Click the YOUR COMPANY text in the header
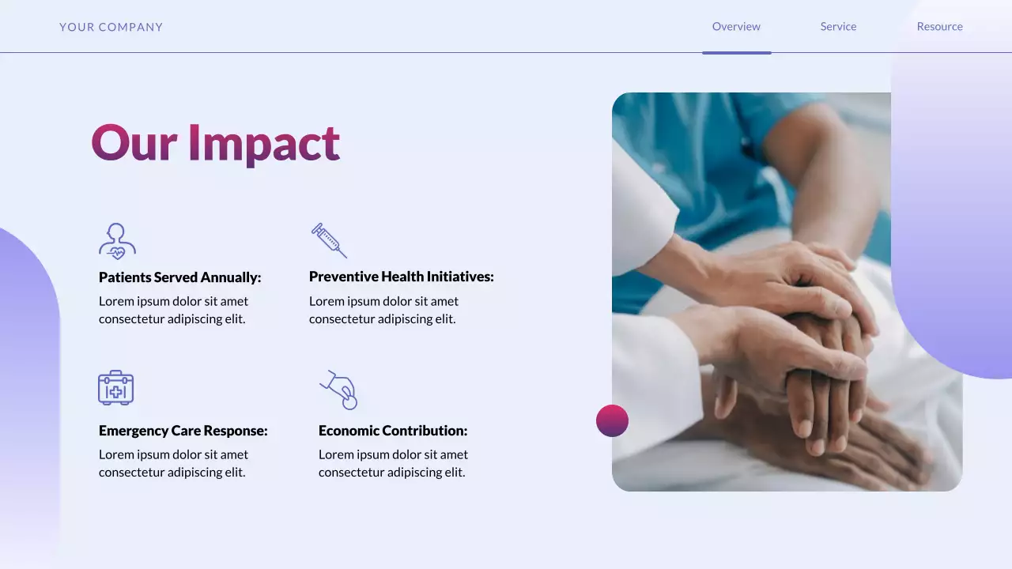point(111,27)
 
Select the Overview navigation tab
point(736,27)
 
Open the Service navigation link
point(838,27)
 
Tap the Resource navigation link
point(939,27)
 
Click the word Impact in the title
point(263,143)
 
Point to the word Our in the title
point(133,143)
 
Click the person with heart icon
point(117,241)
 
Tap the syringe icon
point(329,240)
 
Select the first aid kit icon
point(116,388)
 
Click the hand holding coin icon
point(339,390)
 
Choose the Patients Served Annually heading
point(179,277)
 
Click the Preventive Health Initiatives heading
point(401,277)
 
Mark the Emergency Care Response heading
point(183,431)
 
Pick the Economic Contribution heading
point(393,431)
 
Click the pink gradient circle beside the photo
point(612,420)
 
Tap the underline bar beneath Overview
point(736,53)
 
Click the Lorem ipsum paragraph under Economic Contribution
point(393,463)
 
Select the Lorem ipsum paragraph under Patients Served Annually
point(173,310)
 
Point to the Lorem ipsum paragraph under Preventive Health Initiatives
point(383,310)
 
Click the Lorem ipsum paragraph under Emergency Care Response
point(173,463)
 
